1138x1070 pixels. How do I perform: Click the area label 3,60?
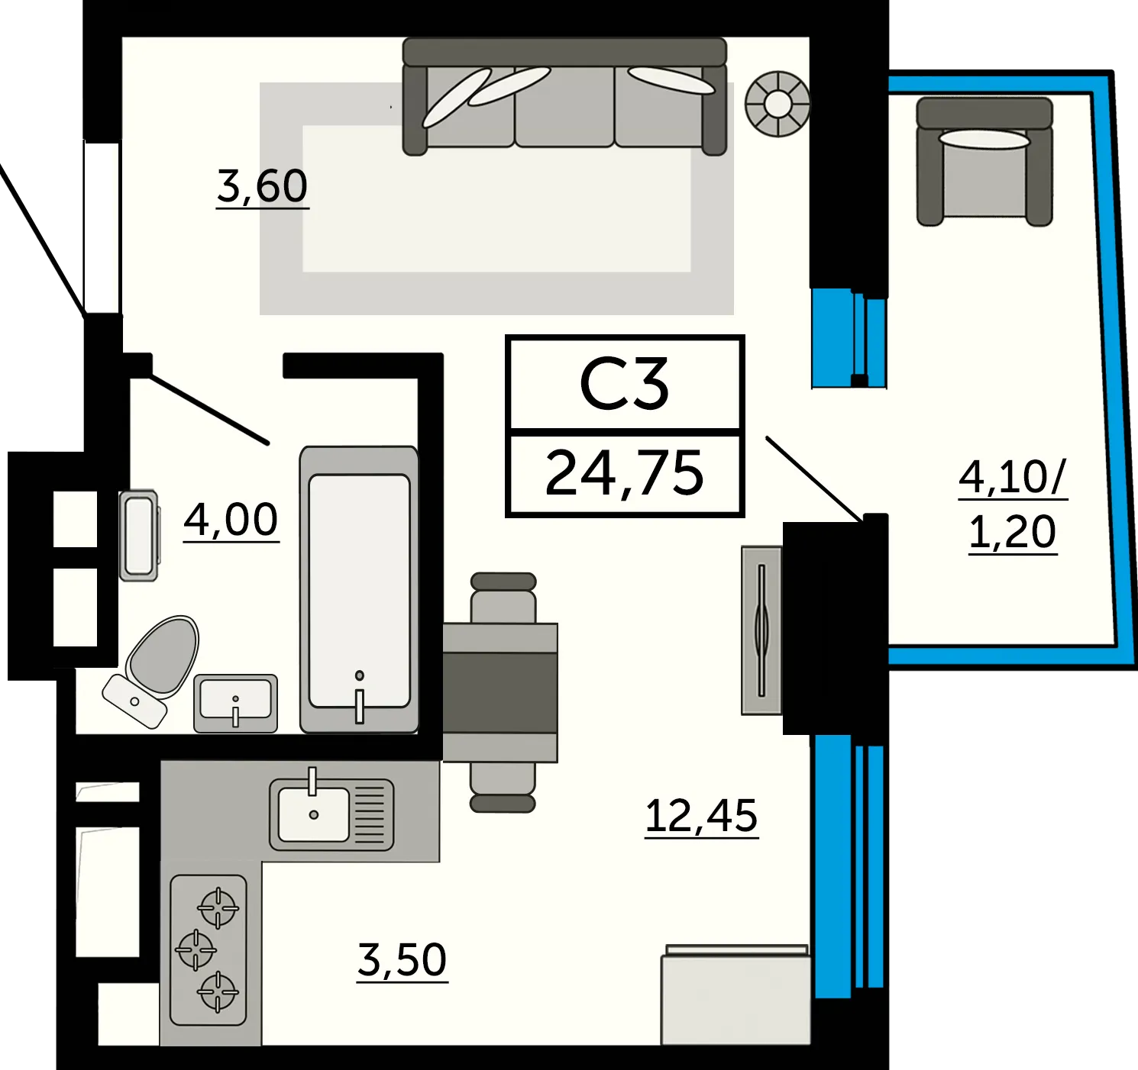[263, 187]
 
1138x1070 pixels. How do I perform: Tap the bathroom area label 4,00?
[231, 520]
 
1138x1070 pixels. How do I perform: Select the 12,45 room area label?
[701, 816]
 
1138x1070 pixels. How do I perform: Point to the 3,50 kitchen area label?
[403, 959]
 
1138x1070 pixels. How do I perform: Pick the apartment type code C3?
[624, 384]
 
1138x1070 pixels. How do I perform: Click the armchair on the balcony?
[984, 161]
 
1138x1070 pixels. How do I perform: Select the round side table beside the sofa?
[778, 104]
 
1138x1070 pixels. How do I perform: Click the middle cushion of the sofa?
[564, 106]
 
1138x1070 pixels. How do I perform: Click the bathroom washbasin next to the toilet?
[235, 704]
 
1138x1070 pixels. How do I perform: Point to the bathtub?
[359, 590]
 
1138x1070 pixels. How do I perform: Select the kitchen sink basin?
[313, 814]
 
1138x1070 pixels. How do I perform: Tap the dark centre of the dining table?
[499, 692]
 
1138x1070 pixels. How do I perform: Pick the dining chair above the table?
[503, 598]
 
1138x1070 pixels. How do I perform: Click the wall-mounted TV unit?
[761, 630]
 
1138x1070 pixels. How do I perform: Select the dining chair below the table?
[503, 787]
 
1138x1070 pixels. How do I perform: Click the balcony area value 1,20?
[1013, 532]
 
